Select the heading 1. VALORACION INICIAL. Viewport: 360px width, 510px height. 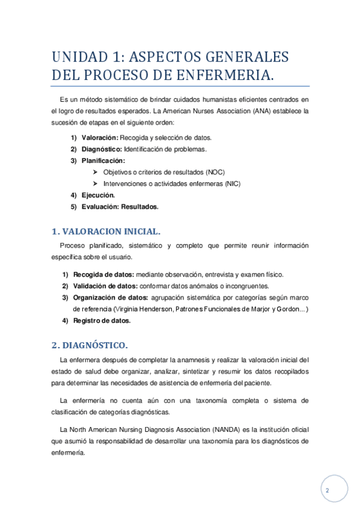[106, 231]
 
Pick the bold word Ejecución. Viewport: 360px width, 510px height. [98, 195]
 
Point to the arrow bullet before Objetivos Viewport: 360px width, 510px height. [96, 172]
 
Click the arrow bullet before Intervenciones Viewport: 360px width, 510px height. [96, 183]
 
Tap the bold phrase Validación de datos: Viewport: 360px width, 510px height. [105, 286]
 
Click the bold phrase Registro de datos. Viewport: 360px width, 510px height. [102, 321]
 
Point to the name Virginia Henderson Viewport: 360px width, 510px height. [144, 309]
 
